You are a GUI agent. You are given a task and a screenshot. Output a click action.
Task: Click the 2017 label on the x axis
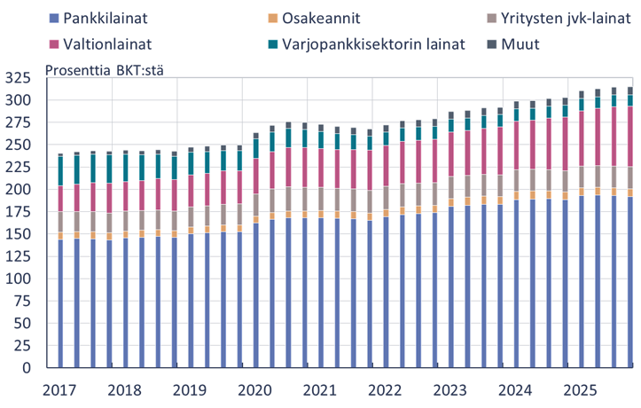59,391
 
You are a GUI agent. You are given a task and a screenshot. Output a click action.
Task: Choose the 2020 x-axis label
254,391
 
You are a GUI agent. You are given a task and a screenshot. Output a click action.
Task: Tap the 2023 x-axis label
450,391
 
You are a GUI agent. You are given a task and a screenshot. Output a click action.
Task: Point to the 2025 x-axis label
581,391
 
